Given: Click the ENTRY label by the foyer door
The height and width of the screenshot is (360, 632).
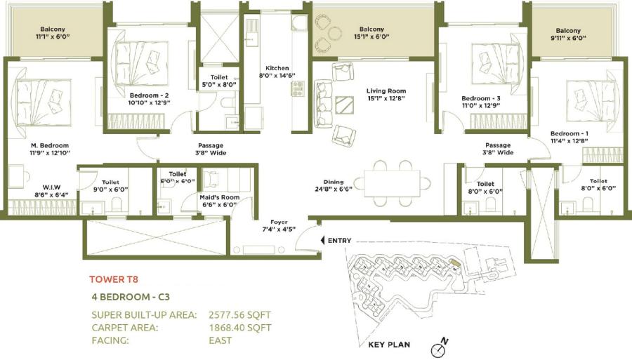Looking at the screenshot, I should coord(339,241).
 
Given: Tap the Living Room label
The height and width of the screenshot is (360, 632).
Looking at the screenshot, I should coord(386,95).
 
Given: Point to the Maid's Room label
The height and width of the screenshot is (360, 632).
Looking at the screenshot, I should coord(220,201).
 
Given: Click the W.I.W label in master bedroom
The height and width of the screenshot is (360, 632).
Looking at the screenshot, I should coord(32,190).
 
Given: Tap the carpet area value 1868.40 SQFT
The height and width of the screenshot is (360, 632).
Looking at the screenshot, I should coord(239,328).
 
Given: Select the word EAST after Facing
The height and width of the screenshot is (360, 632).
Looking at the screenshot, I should coord(220,340).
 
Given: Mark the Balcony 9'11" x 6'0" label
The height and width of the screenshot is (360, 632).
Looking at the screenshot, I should coord(568,34).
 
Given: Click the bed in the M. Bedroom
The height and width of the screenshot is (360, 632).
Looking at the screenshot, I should coord(42,97).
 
